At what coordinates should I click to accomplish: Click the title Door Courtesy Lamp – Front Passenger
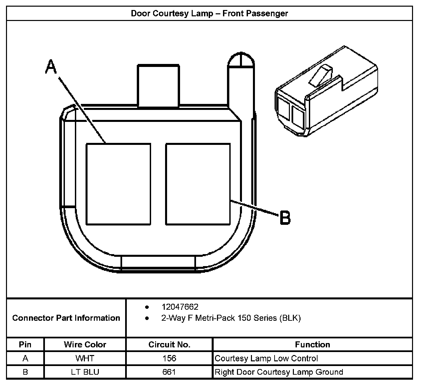[209, 14]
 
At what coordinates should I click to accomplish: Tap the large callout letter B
[285, 218]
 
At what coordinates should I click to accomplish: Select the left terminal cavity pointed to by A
[118, 184]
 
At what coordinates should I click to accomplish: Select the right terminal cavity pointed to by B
[198, 184]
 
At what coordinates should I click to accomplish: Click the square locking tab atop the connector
[158, 86]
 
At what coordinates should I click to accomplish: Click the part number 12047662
[180, 307]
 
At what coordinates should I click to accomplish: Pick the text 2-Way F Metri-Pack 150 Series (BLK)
[231, 318]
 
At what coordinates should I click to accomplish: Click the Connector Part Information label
[66, 318]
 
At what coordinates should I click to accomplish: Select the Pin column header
[25, 345]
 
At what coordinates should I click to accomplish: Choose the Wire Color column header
[85, 345]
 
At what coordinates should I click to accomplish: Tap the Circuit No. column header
[169, 345]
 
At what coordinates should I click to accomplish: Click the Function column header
[312, 345]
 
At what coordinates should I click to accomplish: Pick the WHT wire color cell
[85, 358]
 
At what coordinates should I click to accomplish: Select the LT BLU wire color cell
[85, 372]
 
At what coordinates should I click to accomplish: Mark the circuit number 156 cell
[169, 358]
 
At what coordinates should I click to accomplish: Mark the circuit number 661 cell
[169, 372]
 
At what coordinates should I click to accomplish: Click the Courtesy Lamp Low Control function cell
[266, 358]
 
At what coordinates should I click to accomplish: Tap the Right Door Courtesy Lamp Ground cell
[279, 372]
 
